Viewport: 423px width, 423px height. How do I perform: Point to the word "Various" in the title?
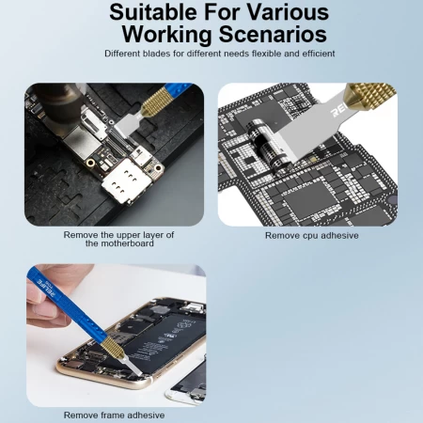click(288, 13)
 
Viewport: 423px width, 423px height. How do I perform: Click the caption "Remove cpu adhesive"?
click(311, 235)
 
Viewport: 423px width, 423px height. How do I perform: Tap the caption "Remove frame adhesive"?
click(114, 415)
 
